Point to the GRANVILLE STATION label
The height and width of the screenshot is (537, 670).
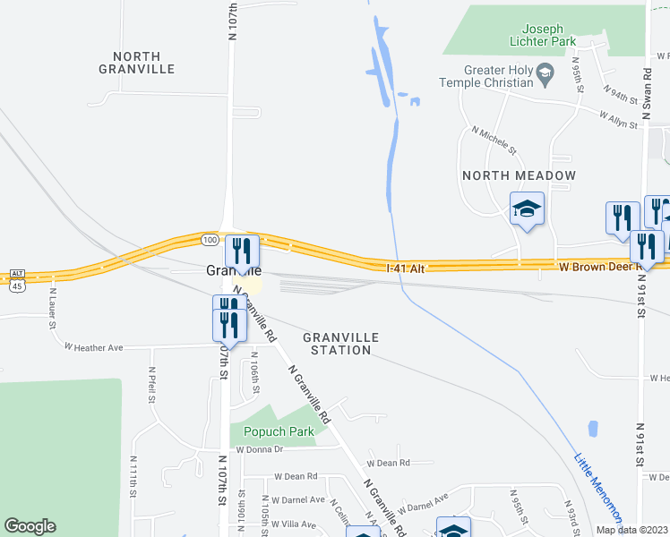tap(340, 344)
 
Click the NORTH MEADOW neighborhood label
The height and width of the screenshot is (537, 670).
tap(519, 175)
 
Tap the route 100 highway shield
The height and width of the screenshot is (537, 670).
tap(209, 240)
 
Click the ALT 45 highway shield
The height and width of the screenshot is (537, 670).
tap(16, 279)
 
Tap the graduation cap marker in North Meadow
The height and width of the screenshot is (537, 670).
tap(527, 210)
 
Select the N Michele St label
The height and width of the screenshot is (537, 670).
tap(494, 139)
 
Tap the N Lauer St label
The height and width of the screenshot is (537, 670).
tap(52, 307)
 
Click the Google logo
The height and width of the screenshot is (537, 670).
tap(30, 526)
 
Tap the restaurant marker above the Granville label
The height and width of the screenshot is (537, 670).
tap(242, 251)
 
